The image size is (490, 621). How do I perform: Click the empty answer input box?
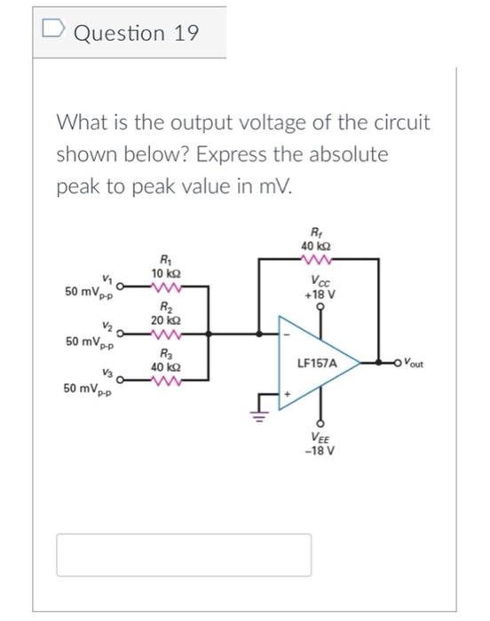point(185,554)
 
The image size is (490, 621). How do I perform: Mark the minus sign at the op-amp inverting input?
point(286,334)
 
